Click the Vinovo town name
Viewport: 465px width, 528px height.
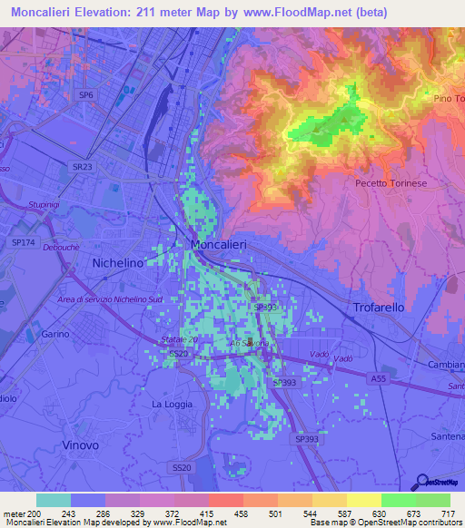(83, 445)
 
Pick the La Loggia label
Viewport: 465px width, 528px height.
(169, 404)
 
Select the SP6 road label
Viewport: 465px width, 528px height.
(86, 94)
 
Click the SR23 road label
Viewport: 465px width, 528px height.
(83, 167)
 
